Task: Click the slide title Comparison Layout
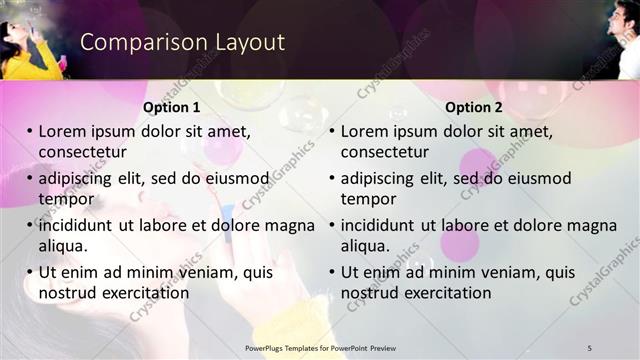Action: (x=182, y=43)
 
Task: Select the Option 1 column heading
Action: (x=172, y=107)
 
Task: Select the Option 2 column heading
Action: (x=474, y=107)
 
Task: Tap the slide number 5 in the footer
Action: (x=590, y=347)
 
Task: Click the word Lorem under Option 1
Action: (x=65, y=131)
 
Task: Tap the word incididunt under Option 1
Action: (x=78, y=225)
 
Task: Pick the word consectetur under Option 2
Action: (x=385, y=152)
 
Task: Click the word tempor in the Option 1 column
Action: (x=66, y=199)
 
